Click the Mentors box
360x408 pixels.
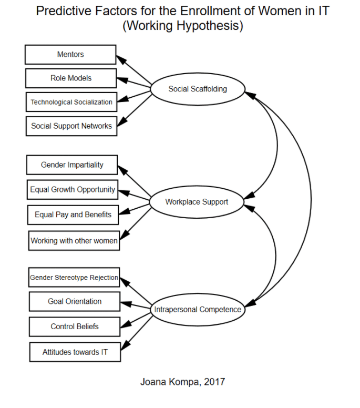click(x=70, y=55)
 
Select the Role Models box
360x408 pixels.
click(x=71, y=78)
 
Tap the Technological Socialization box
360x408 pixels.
click(x=71, y=102)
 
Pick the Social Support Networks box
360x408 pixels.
click(x=71, y=126)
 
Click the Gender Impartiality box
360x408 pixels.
click(x=72, y=165)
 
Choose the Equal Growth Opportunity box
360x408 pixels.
click(x=73, y=190)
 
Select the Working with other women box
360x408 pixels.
click(x=74, y=241)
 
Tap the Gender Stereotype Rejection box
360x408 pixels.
click(x=74, y=277)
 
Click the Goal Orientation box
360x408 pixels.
click(x=75, y=302)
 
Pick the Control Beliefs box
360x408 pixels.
click(x=75, y=327)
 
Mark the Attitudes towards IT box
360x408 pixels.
click(x=75, y=352)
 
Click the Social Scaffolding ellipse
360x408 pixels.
click(x=198, y=89)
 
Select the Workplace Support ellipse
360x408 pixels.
click(x=197, y=202)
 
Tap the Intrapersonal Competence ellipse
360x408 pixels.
click(x=198, y=310)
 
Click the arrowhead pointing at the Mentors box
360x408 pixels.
click(x=120, y=58)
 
